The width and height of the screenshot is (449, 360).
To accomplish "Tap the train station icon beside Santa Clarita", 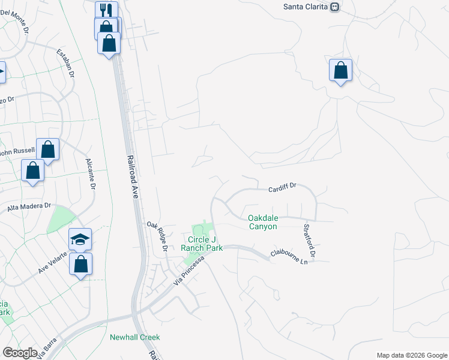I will pyautogui.click(x=336, y=7).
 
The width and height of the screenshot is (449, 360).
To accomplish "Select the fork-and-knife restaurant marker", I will pyautogui.click(x=106, y=11).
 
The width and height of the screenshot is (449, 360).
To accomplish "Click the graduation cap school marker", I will pyautogui.click(x=80, y=239).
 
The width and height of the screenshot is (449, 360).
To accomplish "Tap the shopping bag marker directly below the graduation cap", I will pyautogui.click(x=80, y=264).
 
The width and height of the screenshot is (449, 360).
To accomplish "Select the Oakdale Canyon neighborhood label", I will pyautogui.click(x=263, y=222).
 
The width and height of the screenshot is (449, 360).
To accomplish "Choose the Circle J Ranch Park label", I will pyautogui.click(x=202, y=243).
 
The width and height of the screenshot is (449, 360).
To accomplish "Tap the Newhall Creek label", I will pyautogui.click(x=135, y=337).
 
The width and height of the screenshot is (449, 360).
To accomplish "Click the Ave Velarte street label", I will pyautogui.click(x=56, y=262).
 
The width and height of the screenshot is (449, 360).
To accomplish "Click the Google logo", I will pyautogui.click(x=20, y=353).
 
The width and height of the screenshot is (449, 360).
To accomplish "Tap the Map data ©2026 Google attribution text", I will pyautogui.click(x=411, y=355).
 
